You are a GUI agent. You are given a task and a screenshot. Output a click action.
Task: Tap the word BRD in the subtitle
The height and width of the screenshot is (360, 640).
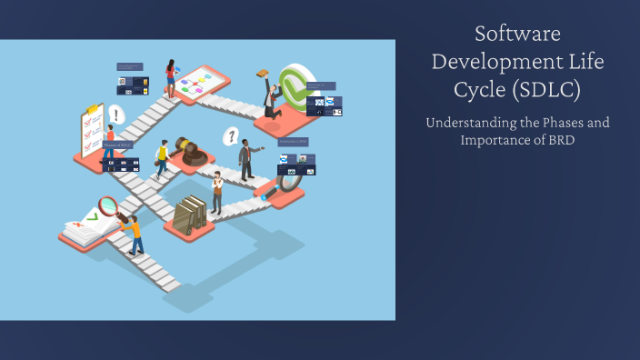click(560, 139)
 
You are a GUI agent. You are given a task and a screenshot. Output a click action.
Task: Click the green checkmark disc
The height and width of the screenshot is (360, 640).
click(297, 87)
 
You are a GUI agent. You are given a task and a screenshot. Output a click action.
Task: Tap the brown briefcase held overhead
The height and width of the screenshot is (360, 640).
click(263, 74)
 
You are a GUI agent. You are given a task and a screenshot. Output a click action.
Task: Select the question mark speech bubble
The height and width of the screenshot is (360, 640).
click(232, 137)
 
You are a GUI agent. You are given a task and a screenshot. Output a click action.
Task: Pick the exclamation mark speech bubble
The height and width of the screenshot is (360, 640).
click(115, 115)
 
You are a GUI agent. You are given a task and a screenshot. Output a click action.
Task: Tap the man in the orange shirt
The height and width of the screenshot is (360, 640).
click(135, 235)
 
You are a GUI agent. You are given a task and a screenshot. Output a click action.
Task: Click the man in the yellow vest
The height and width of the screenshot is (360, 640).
click(163, 158)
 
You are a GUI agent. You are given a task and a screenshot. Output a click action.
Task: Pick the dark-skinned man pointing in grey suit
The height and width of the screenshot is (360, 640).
click(245, 159)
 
